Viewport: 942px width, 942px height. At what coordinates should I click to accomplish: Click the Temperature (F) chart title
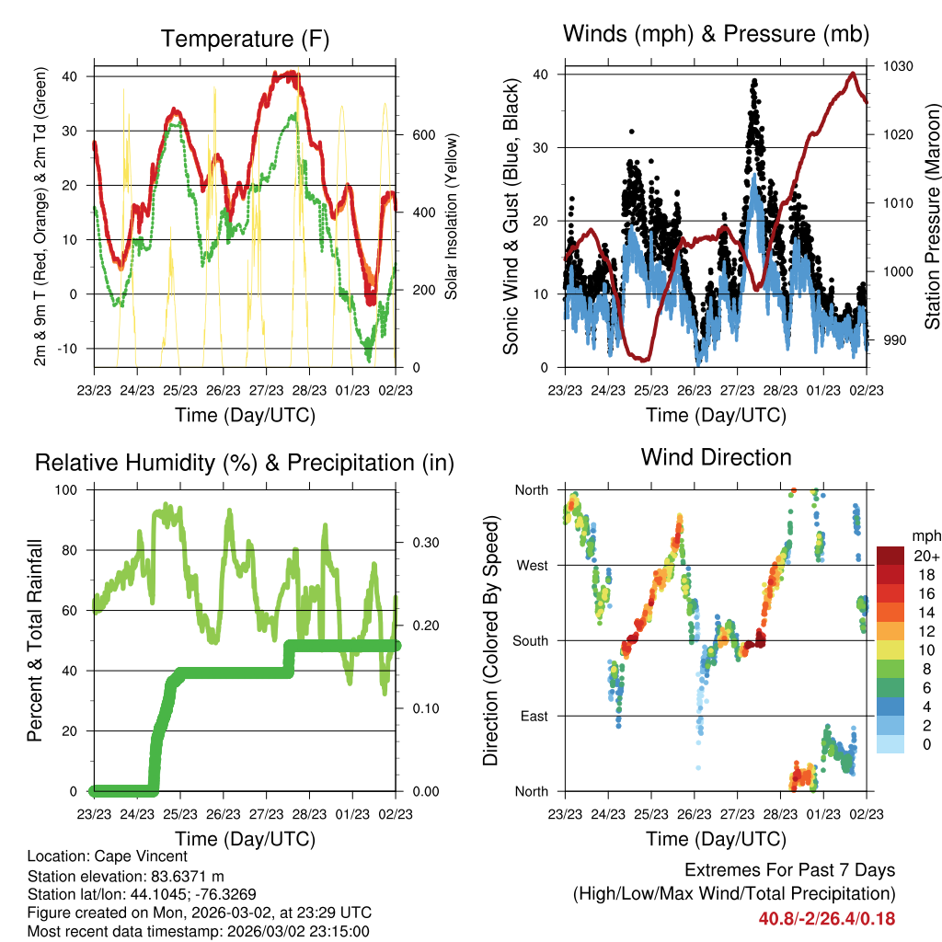point(245,40)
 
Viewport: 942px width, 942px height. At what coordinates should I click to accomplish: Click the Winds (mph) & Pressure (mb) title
point(716,35)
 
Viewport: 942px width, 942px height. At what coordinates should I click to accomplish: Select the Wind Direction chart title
point(716,457)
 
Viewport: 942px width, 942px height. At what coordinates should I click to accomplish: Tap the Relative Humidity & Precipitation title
point(245,463)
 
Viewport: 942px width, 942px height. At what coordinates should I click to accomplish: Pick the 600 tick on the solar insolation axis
point(422,134)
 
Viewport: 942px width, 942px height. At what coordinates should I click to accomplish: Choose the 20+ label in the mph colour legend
point(925,556)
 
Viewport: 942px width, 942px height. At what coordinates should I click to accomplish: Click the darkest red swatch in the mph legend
point(890,556)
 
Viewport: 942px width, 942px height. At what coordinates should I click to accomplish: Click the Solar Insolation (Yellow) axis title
point(451,216)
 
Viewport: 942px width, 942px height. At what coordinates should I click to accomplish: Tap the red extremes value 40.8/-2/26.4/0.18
point(826,919)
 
